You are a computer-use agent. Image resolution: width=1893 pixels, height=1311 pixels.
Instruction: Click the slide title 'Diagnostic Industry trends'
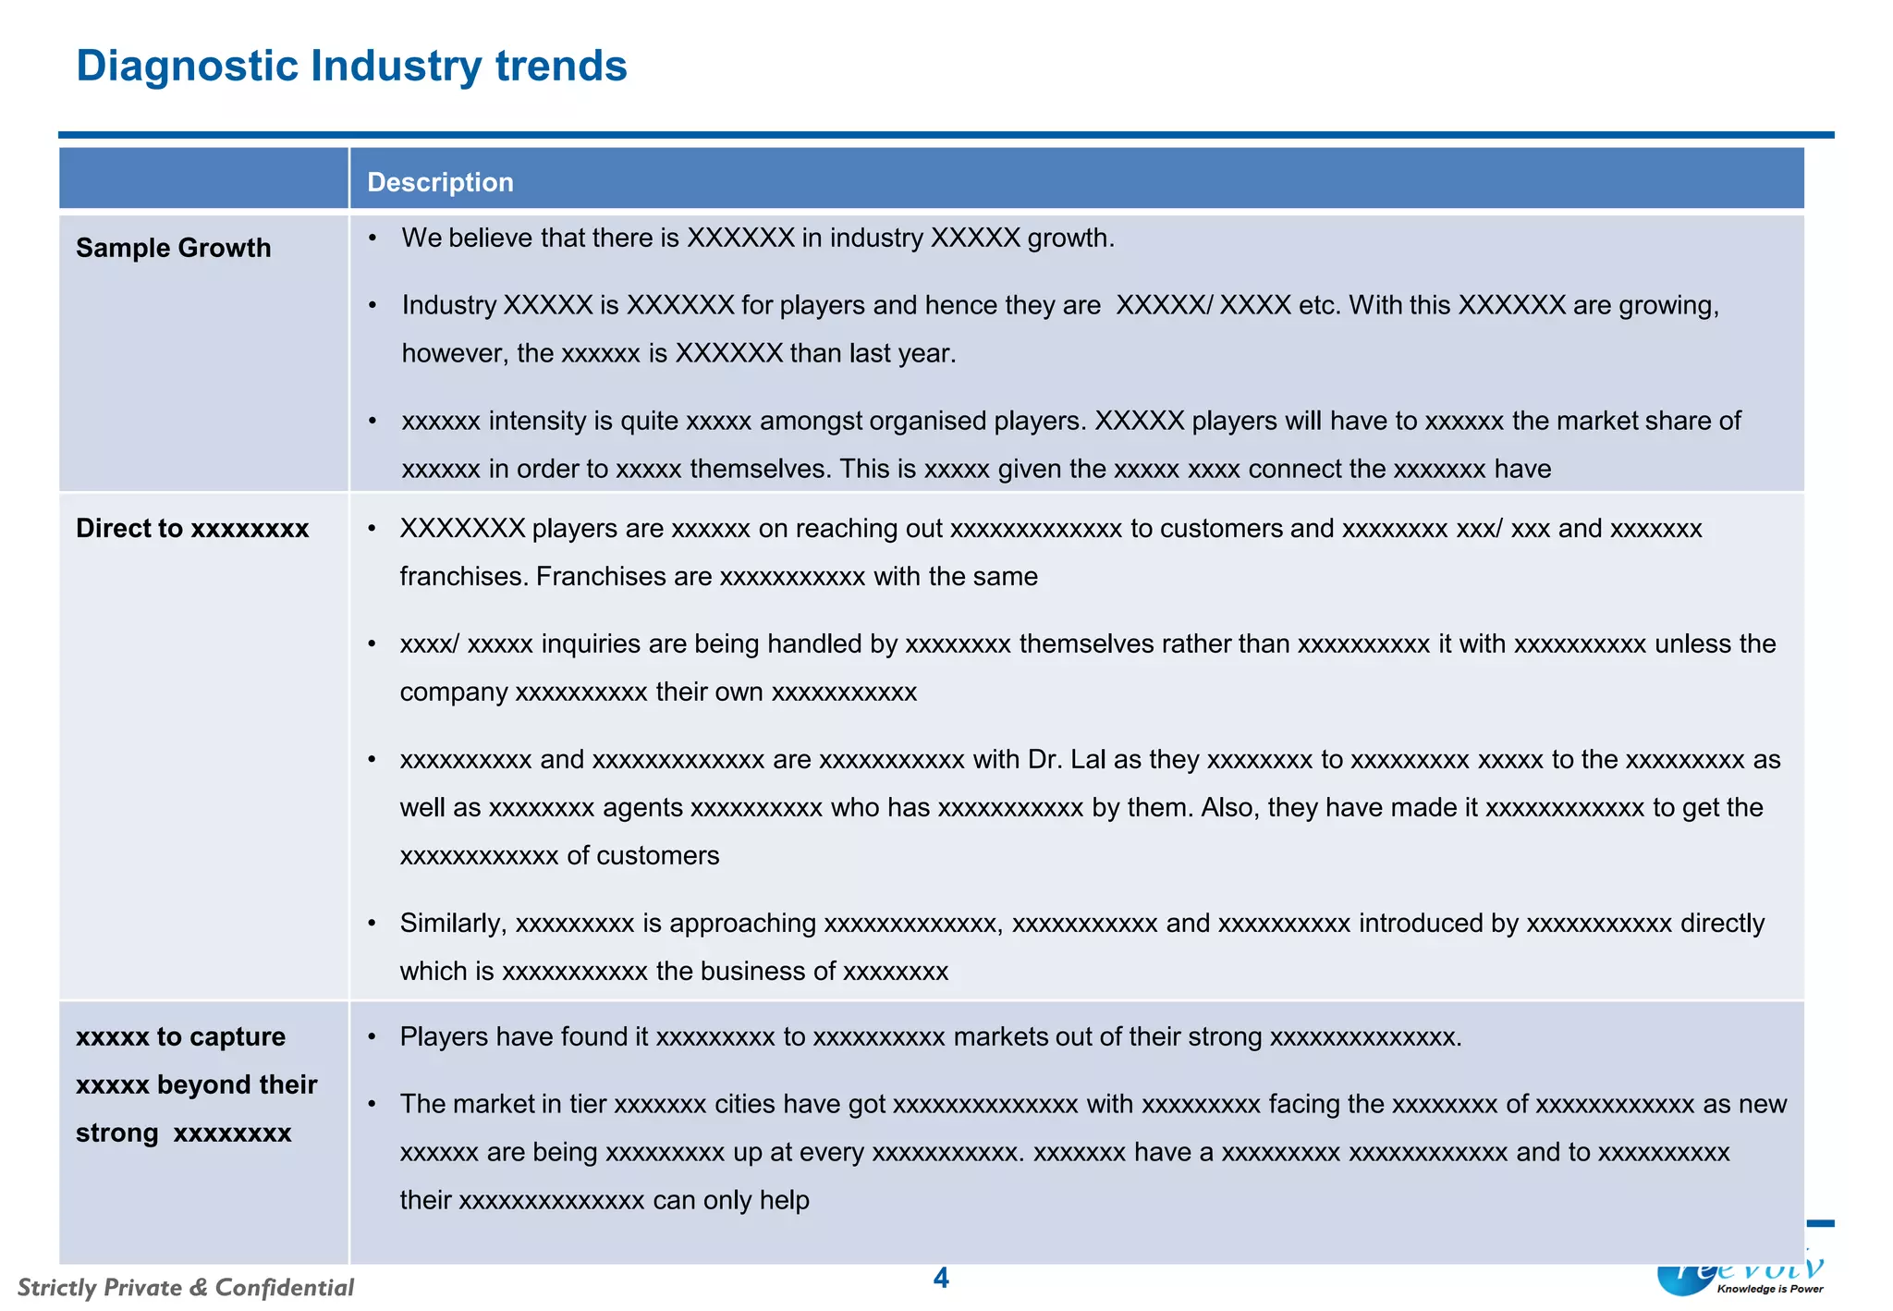click(351, 67)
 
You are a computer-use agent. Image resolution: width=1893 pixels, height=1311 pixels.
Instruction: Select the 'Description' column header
click(440, 182)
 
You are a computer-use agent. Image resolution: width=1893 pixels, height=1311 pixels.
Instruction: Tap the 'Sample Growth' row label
click(174, 248)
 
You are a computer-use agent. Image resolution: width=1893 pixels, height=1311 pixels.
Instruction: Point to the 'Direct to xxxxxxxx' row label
click(192, 529)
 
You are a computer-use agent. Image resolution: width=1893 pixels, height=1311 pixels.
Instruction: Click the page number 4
click(941, 1278)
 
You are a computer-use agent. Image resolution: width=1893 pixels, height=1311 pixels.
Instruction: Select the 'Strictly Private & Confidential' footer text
click(186, 1287)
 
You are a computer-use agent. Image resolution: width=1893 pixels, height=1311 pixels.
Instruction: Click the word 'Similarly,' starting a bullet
click(453, 924)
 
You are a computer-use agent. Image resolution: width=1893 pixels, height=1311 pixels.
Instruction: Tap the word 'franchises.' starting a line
click(464, 577)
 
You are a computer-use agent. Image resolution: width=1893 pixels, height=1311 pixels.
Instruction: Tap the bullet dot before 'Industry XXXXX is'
click(372, 306)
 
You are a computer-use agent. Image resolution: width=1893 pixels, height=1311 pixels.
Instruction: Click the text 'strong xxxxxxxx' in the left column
click(183, 1133)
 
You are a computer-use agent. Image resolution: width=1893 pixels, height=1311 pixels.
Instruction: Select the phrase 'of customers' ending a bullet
click(643, 856)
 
